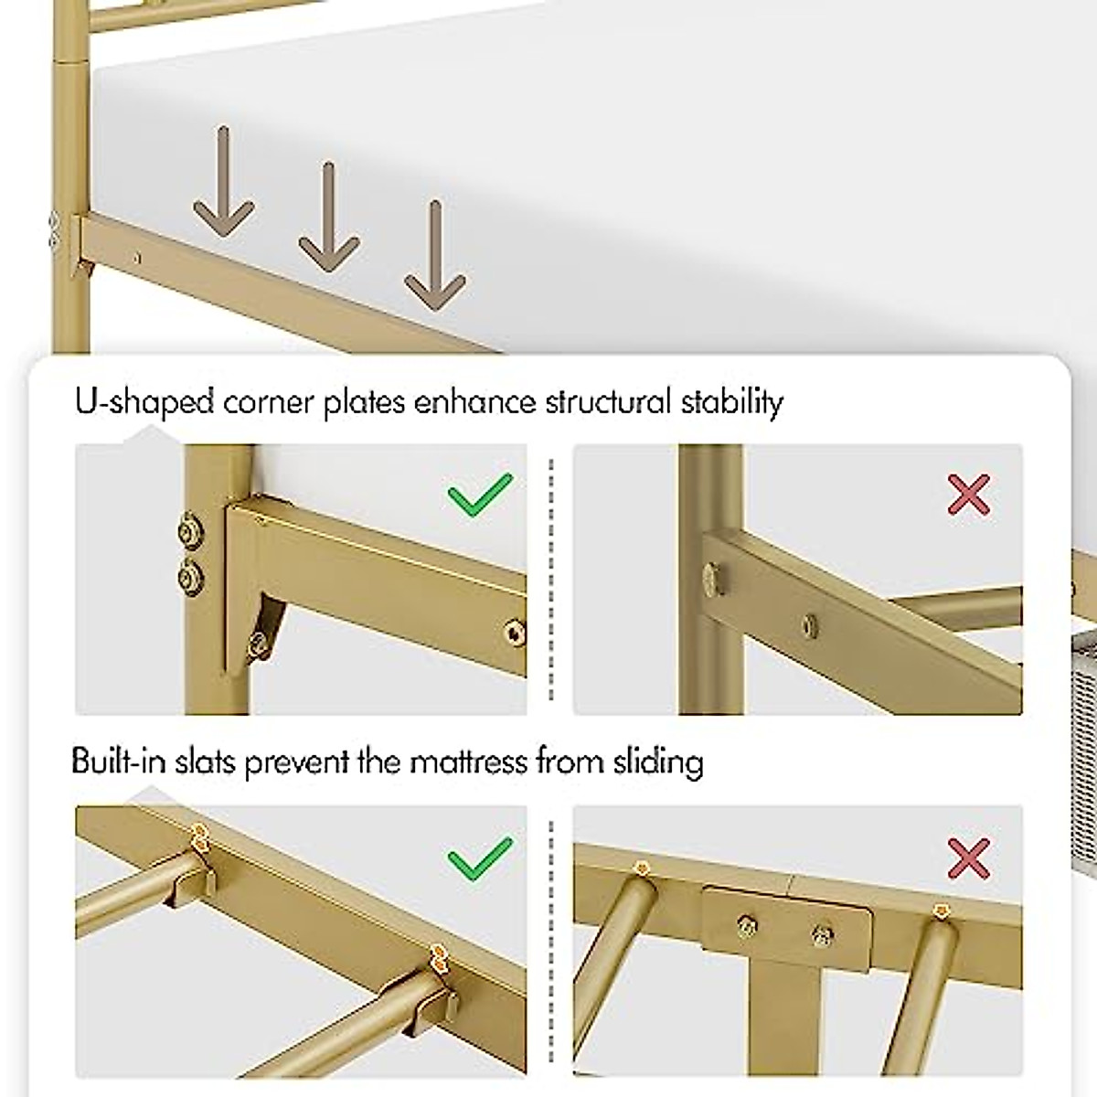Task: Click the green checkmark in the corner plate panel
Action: click(480, 496)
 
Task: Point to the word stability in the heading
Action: click(731, 402)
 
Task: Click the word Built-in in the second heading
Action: click(118, 762)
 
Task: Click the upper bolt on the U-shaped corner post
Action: click(190, 531)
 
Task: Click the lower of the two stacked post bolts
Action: click(190, 576)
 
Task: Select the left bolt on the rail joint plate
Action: click(746, 928)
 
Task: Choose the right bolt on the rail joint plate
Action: click(821, 934)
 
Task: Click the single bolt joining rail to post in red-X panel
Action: click(711, 576)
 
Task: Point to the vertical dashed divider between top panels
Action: click(550, 580)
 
